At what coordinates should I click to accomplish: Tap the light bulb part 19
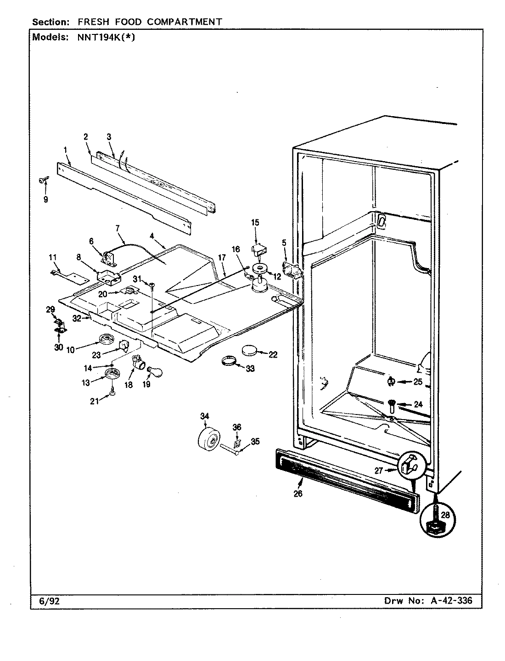[154, 366]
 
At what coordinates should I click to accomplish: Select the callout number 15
[255, 223]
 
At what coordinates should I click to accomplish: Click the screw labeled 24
[392, 404]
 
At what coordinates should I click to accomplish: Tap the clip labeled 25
[391, 381]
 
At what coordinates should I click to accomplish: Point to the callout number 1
[66, 149]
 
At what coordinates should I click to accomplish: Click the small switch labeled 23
[124, 344]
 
